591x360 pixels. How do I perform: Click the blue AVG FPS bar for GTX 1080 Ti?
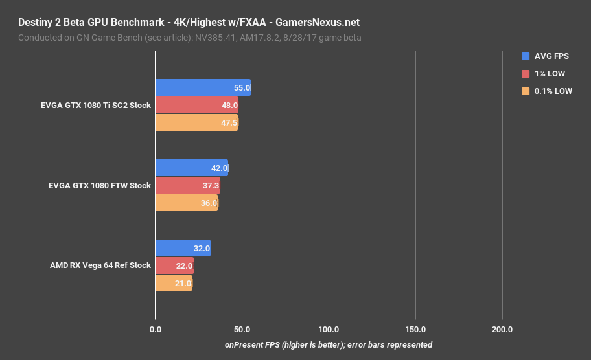tap(202, 87)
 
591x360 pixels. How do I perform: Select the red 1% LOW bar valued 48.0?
tap(196, 105)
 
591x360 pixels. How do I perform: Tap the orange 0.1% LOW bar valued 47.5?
tap(196, 122)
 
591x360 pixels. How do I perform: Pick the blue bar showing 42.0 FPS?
tap(191, 168)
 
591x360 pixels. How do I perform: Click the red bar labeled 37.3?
tap(187, 185)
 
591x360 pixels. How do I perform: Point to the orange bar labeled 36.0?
tap(186, 203)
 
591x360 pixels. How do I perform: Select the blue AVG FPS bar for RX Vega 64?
tap(182, 248)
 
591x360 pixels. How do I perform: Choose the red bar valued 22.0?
tap(174, 265)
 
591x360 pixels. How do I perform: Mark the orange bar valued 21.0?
tap(173, 283)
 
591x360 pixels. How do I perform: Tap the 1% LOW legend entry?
tap(550, 74)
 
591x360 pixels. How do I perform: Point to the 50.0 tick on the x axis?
tap(242, 330)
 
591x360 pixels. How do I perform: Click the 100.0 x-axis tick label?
tap(329, 330)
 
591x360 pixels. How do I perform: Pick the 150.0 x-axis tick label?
tap(415, 330)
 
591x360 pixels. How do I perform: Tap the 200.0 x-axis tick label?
tap(502, 330)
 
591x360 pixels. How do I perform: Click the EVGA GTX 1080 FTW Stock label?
tap(100, 185)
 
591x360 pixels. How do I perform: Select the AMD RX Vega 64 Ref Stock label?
tap(100, 265)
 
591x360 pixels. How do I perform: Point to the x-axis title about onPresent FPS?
tap(329, 344)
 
